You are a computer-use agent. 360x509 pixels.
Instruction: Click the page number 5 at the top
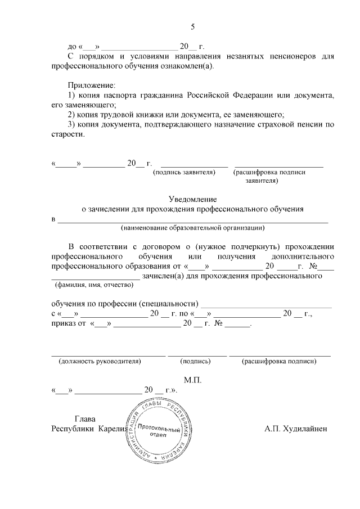192,26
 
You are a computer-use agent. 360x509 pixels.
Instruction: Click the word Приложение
91,85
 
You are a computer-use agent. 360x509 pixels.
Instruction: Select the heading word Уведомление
192,199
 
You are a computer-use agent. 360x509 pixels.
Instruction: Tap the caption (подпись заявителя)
184,173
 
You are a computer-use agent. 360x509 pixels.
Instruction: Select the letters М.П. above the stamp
192,380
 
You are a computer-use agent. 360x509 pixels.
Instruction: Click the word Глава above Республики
85,418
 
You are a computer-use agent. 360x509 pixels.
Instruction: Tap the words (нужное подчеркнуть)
239,247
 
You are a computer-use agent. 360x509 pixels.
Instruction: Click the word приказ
64,324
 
